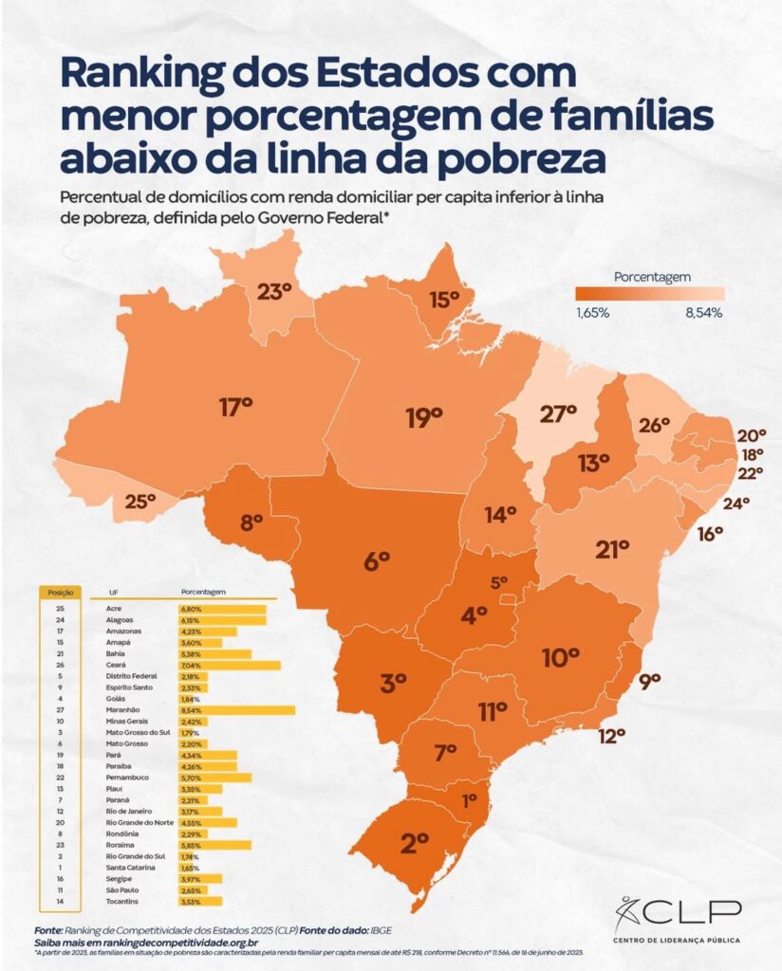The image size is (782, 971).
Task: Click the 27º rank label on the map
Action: (558, 413)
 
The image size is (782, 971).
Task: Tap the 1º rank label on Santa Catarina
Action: (469, 800)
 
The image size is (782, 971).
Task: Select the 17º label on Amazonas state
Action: (235, 408)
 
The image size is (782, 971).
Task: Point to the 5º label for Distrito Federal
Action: (499, 581)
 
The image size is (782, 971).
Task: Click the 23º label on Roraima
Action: (273, 291)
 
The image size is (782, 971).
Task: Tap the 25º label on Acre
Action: (139, 503)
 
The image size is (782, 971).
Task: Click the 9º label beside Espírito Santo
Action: (649, 680)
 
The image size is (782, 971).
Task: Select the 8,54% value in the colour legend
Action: (703, 312)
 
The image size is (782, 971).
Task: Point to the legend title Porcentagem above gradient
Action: (652, 277)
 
